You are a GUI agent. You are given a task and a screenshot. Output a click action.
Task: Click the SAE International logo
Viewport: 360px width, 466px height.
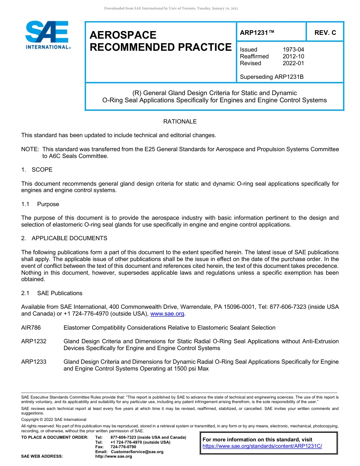coord(47,35)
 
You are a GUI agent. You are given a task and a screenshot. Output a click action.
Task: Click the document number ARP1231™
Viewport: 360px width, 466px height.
coord(257,33)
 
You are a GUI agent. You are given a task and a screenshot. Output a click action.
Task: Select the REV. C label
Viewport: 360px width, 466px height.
coord(325,33)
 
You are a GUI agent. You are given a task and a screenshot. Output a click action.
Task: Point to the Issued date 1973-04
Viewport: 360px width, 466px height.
coord(293,50)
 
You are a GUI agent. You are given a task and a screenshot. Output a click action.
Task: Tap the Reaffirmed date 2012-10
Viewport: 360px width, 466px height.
coord(293,56)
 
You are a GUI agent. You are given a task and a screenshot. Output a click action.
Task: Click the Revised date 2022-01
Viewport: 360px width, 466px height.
coord(293,63)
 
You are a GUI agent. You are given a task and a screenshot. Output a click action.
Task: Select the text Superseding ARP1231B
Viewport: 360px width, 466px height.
coord(272,77)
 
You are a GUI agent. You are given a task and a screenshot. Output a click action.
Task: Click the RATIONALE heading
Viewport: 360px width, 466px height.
coord(180,122)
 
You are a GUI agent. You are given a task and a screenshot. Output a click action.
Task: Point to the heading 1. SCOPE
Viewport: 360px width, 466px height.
coord(37,169)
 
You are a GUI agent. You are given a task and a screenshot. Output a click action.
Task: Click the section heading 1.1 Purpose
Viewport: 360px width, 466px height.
coord(41,204)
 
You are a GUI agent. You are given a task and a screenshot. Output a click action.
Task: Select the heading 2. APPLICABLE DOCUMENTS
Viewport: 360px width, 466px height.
coord(64,238)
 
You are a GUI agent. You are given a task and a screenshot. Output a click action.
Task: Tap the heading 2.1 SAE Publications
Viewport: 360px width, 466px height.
coord(52,293)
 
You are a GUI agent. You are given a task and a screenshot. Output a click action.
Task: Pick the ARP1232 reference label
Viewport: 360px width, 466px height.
coord(34,341)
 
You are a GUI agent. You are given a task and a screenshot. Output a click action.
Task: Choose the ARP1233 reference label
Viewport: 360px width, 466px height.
coord(34,362)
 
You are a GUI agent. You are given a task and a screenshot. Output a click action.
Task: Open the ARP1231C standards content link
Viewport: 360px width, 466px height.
coord(262,446)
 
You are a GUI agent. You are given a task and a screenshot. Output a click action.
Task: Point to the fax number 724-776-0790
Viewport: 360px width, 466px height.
coord(123,447)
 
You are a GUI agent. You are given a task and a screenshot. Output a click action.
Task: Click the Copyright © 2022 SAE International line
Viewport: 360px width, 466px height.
coord(54,419)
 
